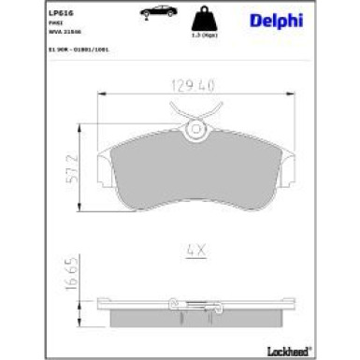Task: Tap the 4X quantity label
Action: [x=194, y=251]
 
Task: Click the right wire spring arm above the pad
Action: [x=219, y=113]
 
